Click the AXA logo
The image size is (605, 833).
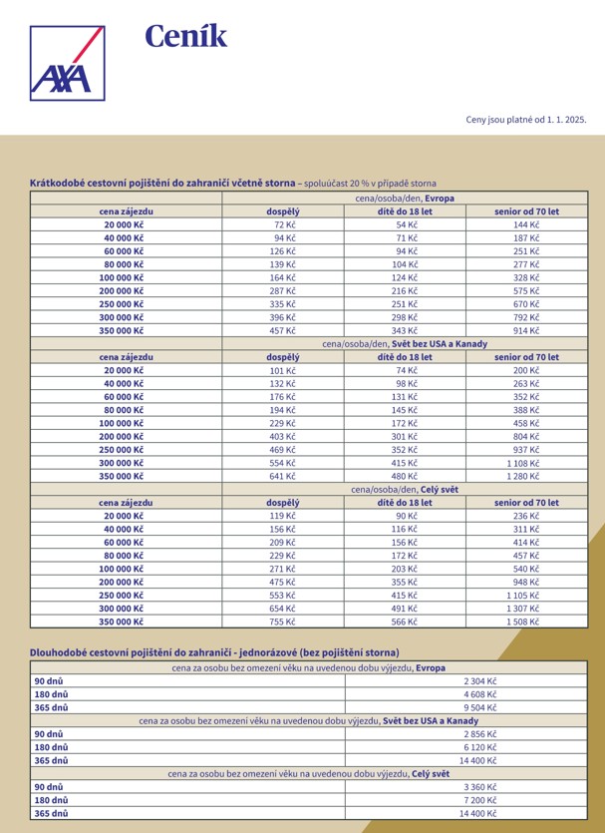point(67,62)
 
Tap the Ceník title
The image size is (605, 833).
point(186,37)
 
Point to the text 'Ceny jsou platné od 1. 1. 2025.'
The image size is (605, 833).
point(526,119)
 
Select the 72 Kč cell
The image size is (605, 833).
point(284,225)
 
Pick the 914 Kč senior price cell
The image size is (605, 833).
point(526,329)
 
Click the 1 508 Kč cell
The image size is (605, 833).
point(524,621)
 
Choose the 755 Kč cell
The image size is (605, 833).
point(284,621)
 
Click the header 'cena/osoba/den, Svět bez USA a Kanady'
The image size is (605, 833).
point(405,343)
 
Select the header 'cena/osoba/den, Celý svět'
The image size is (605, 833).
point(405,489)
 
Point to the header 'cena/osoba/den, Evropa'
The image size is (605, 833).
point(405,199)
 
